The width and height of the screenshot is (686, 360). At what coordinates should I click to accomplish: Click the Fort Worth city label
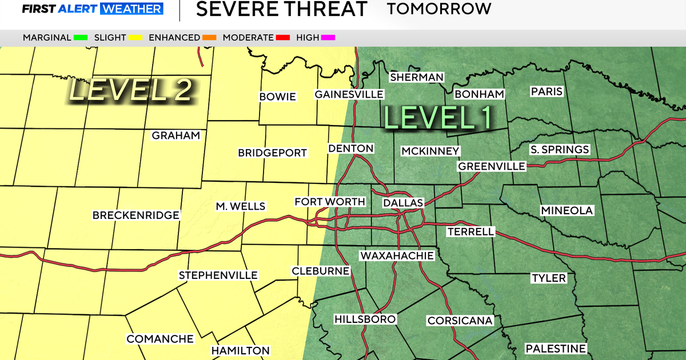point(329,202)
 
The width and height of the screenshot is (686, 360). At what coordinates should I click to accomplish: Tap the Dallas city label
point(403,203)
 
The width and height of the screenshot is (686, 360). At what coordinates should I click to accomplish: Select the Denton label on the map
point(350,149)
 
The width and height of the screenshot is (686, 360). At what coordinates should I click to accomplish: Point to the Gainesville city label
point(349,94)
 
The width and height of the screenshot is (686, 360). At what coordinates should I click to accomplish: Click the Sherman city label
point(416,77)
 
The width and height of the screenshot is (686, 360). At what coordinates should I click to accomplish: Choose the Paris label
point(547,91)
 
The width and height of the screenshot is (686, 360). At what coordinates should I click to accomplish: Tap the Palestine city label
point(556,349)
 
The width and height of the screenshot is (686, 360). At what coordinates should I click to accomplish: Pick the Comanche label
point(160,339)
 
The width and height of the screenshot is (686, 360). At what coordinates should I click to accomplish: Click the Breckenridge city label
point(136,215)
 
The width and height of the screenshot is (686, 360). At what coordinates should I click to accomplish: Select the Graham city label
point(176,135)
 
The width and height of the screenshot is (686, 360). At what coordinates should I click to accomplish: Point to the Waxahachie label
point(397,255)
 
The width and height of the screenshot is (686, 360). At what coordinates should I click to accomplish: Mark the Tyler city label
point(548,278)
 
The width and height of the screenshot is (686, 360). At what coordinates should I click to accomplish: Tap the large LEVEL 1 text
point(438,117)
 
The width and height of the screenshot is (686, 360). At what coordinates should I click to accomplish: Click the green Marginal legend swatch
point(80,38)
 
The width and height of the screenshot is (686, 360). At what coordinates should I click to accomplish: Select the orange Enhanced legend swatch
point(209,38)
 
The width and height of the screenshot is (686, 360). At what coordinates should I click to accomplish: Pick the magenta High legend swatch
point(328,38)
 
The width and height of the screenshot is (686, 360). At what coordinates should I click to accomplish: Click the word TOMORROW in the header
point(438,9)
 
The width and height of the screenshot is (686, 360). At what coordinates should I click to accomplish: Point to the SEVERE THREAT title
point(281,10)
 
